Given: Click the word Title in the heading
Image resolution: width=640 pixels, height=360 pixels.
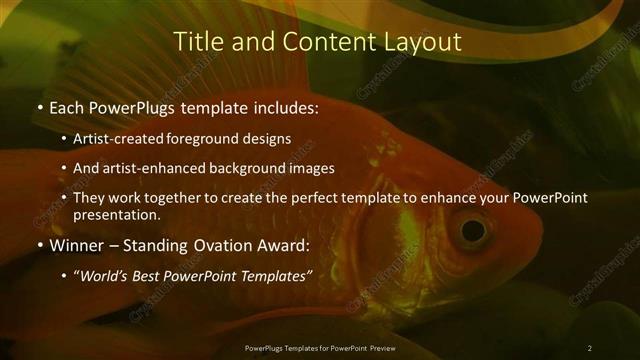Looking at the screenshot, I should [198, 42].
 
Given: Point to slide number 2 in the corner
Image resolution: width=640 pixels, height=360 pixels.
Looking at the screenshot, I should [590, 347].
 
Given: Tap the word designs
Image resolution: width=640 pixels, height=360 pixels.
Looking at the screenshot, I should [268, 138].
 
